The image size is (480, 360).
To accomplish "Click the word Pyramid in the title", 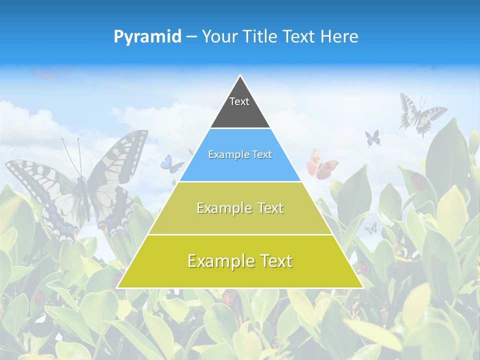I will click(147, 36).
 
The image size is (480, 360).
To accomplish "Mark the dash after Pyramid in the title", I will click(191, 37).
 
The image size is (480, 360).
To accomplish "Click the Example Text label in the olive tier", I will click(240, 208).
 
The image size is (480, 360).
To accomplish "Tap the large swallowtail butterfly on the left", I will click(80, 185).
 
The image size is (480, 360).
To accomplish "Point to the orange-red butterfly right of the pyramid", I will click(321, 165).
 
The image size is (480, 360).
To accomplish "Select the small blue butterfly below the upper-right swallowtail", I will click(372, 138).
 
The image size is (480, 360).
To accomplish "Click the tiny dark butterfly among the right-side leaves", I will click(370, 228).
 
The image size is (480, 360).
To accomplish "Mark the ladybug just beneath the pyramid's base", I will click(228, 297).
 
